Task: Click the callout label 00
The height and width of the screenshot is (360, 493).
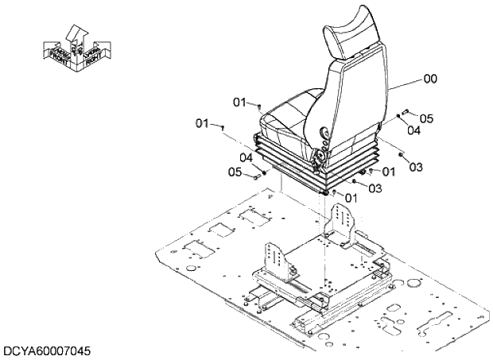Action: pyautogui.click(x=430, y=79)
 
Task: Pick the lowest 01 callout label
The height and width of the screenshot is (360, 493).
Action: pyautogui.click(x=351, y=197)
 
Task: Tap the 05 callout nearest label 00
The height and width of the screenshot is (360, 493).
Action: pyautogui.click(x=426, y=118)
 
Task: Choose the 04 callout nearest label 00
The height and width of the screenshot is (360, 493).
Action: pyautogui.click(x=413, y=130)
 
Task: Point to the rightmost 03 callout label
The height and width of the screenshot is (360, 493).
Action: pyautogui.click(x=415, y=167)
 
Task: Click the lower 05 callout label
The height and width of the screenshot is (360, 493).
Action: pyautogui.click(x=235, y=172)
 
